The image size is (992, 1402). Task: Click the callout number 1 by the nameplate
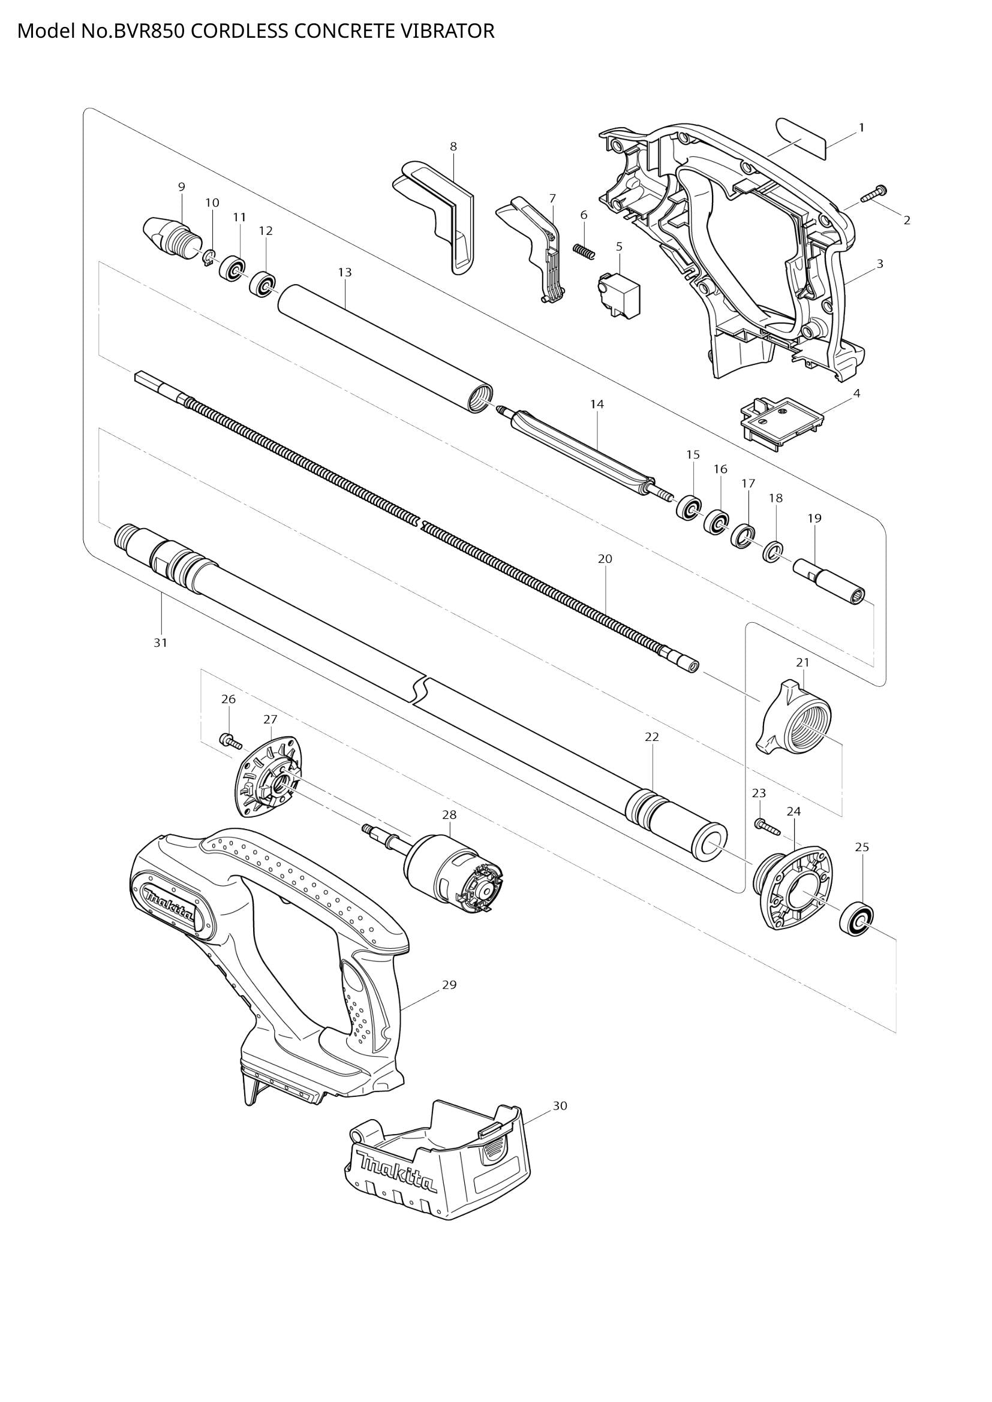pos(861,128)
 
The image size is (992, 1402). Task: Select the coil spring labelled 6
pos(584,251)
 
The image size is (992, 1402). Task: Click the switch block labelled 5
pos(619,295)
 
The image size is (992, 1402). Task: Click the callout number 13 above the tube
pos(344,272)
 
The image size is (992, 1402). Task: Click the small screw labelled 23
pos(767,826)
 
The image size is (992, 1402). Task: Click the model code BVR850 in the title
pos(148,31)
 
